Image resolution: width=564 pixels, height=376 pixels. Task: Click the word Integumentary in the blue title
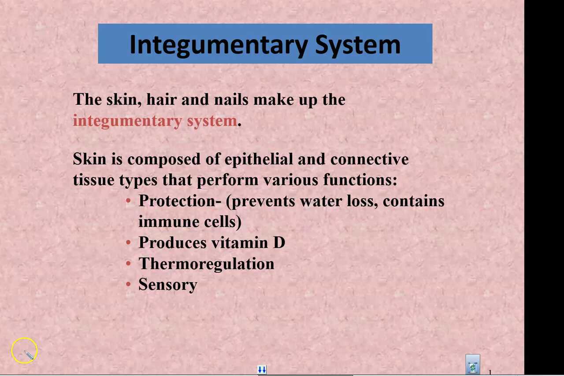218,44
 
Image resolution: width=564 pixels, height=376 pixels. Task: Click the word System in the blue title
357,44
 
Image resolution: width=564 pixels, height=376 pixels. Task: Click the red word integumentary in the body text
127,121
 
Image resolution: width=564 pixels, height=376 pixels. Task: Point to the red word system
212,121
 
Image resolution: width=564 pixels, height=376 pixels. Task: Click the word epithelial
259,159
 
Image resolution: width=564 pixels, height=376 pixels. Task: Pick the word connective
369,159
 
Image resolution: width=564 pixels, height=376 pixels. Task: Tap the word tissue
93,180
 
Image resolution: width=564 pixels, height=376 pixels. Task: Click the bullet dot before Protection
128,201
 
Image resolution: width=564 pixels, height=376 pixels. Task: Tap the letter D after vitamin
279,243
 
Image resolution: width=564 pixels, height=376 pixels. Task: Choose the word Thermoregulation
206,264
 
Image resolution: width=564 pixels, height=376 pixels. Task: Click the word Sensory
168,285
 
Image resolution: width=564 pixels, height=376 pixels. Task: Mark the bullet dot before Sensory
128,284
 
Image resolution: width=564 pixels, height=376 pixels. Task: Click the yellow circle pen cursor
25,350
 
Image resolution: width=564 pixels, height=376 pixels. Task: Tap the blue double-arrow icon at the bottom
262,370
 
